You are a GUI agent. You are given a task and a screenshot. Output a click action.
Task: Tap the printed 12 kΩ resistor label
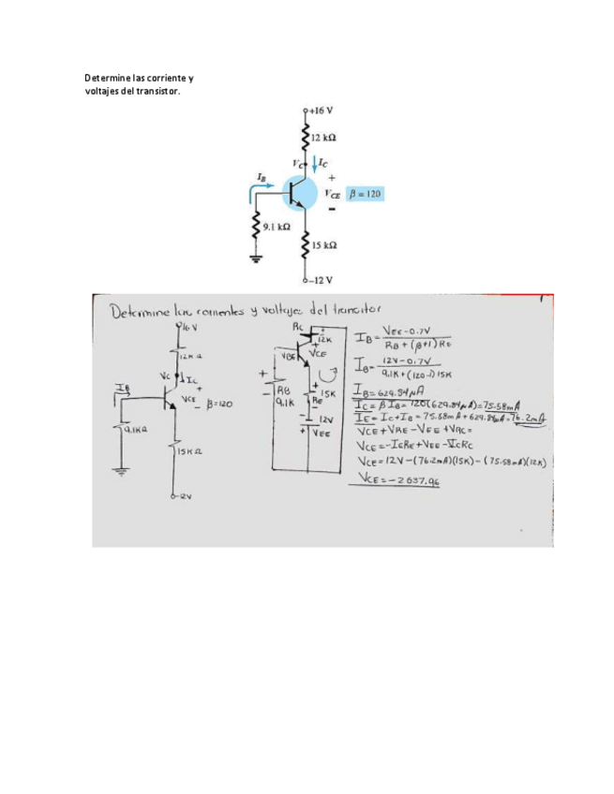[x=325, y=137]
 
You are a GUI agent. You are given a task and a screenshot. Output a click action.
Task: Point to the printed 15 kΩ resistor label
[x=325, y=245]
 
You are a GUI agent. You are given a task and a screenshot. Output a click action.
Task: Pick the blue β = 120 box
[x=365, y=194]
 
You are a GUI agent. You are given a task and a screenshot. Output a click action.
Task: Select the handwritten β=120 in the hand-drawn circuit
[x=215, y=404]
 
